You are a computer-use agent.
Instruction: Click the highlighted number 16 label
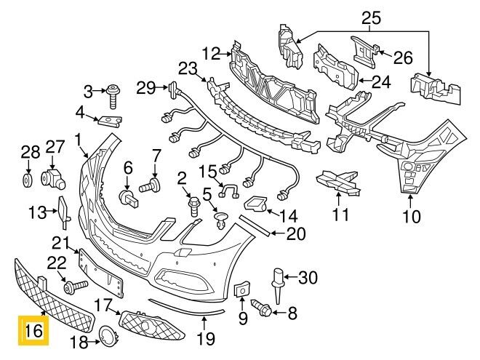coord(33,330)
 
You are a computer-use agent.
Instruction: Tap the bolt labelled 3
coord(113,96)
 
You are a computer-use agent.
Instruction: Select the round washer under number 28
coord(28,180)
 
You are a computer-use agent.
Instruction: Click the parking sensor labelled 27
coord(52,178)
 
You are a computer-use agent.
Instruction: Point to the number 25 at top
coord(372,18)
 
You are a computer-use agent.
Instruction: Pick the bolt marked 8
coord(261,308)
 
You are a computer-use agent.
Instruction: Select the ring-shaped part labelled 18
coord(108,337)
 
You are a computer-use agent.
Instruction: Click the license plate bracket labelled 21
coord(101,273)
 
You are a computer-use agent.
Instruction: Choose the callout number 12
coord(211,54)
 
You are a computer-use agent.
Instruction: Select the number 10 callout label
coord(412,217)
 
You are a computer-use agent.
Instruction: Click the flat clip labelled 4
coord(110,121)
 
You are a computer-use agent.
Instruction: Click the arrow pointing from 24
coord(365,81)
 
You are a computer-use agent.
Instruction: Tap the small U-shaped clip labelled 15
coord(229,191)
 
